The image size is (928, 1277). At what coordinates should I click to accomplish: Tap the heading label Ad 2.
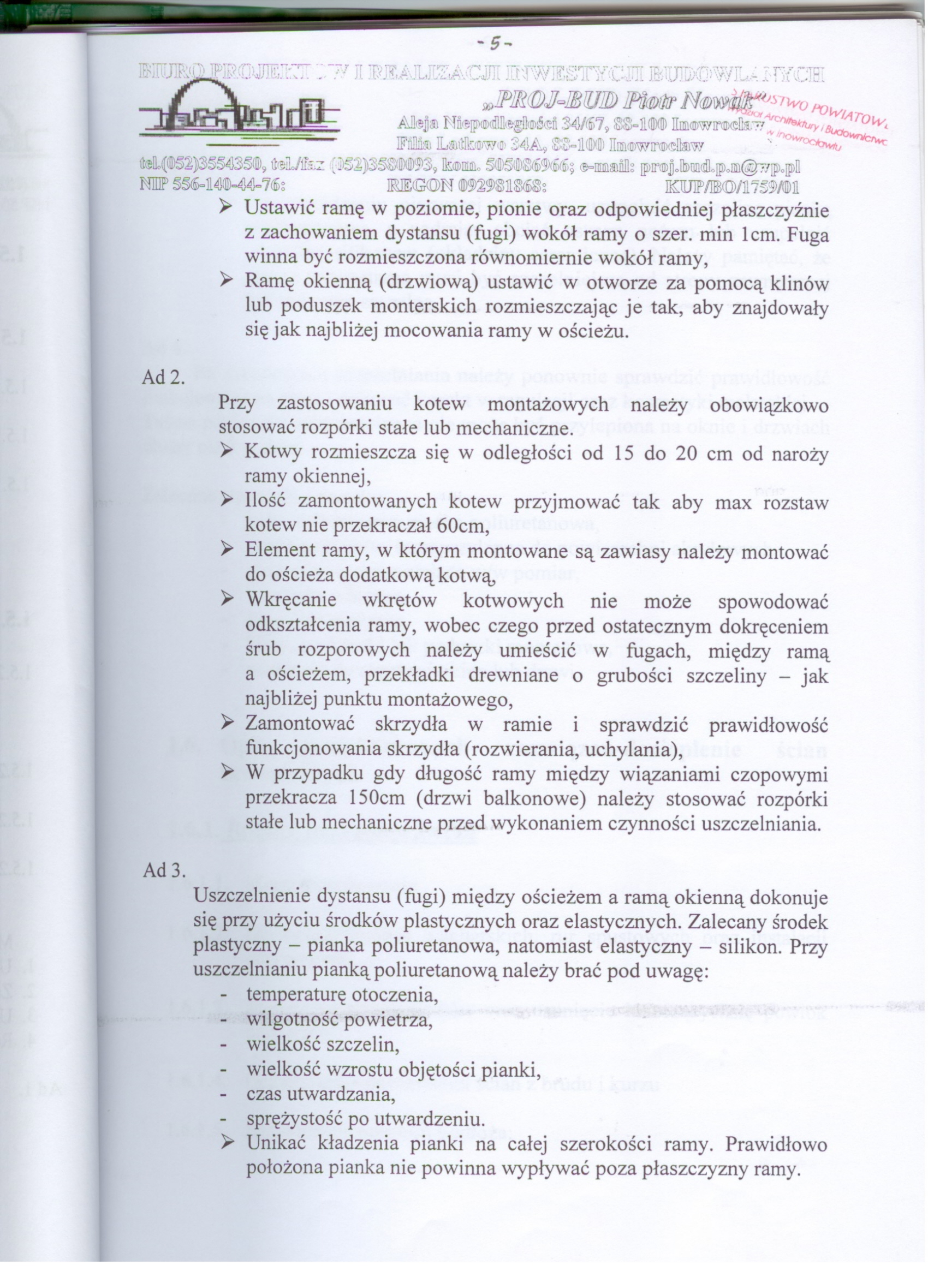(x=163, y=377)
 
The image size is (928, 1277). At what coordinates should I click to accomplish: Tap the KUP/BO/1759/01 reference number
(x=732, y=187)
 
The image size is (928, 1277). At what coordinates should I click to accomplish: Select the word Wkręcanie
(x=291, y=601)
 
